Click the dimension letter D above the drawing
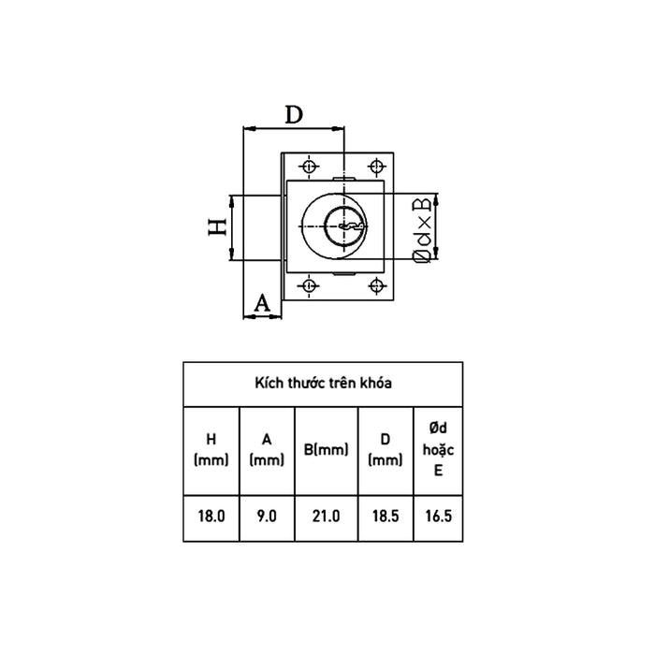point(294,115)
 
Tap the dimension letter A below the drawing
point(262,301)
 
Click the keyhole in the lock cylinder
point(344,226)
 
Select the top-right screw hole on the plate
point(376,165)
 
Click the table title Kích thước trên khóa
point(324,383)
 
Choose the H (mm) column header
point(211,449)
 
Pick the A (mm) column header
point(267,449)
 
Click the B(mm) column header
point(327,449)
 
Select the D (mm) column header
point(386,449)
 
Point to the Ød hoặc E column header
point(437,449)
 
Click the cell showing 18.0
point(211,516)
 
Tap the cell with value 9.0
point(267,516)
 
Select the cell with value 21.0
point(327,516)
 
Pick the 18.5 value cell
point(386,516)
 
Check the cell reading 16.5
point(437,516)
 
